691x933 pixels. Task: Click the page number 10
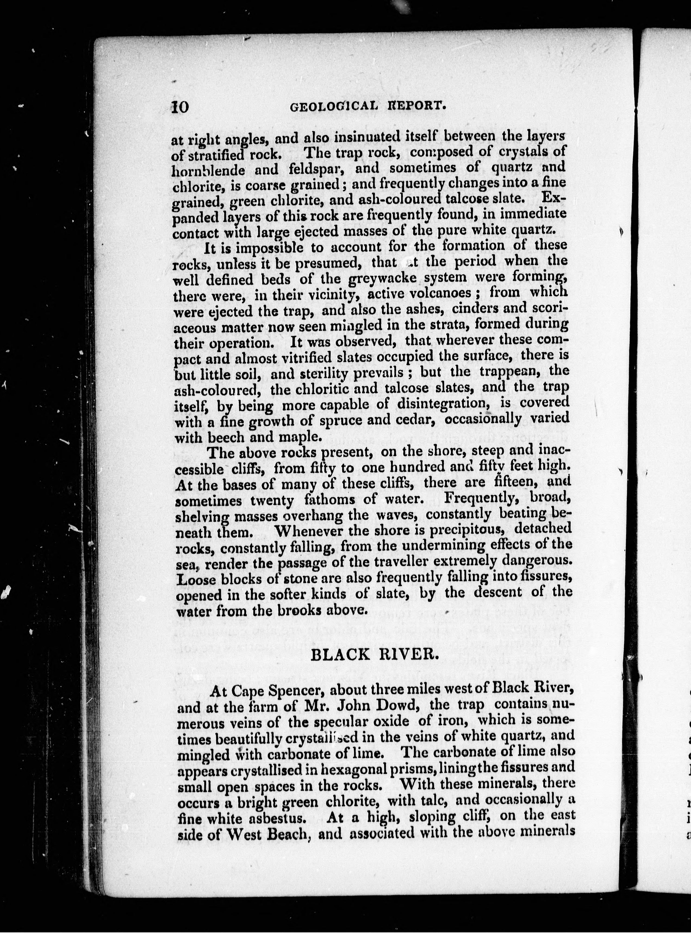click(180, 107)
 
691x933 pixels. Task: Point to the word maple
click(300, 437)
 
